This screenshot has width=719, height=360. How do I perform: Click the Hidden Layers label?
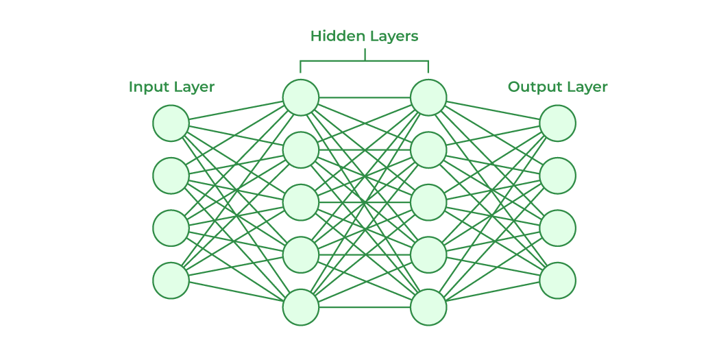coord(364,36)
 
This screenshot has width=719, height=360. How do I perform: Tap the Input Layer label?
coord(171,87)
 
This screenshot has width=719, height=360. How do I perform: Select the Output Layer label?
coord(557,87)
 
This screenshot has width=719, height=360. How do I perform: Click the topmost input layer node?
coord(171,123)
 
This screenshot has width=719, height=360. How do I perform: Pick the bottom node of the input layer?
coord(171,280)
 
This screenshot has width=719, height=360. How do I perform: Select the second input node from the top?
coord(171,176)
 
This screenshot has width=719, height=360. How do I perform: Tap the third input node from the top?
coord(171,228)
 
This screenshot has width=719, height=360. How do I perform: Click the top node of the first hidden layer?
coord(301,97)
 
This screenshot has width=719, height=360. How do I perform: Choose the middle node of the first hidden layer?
coord(301,202)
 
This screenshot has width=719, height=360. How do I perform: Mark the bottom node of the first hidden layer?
coord(301,307)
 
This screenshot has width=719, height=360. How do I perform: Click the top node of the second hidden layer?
coord(428,97)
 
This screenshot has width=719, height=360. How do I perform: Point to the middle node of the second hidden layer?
coord(428,202)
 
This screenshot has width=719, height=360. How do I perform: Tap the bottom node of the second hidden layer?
coord(428,307)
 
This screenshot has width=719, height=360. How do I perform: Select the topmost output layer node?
coord(557,123)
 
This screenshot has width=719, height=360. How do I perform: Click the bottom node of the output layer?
coord(557,280)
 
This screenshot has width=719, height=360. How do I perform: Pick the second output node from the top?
coord(557,176)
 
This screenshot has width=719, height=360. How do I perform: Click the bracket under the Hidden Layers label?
coord(364,61)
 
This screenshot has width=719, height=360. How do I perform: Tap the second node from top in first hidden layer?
coord(301,149)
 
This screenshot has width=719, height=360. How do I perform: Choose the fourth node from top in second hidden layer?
coord(428,254)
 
